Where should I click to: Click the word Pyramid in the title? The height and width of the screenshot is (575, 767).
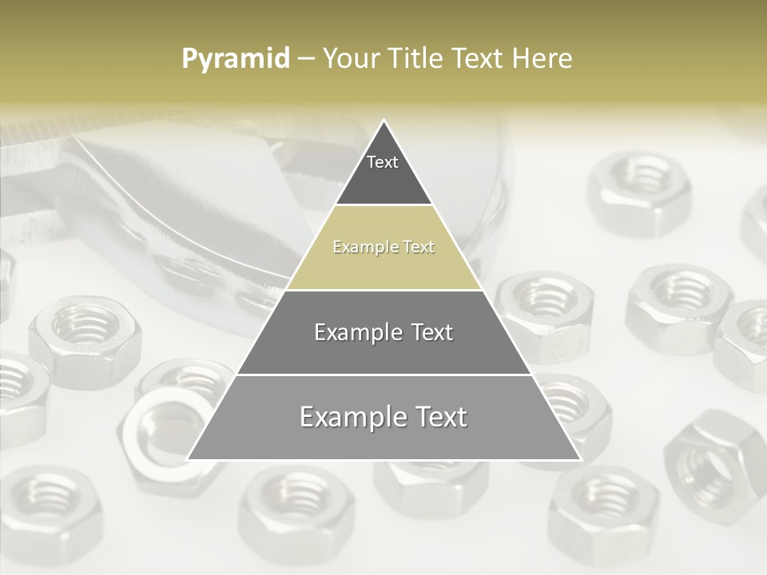click(235, 59)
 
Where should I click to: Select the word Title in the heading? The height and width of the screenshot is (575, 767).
click(414, 58)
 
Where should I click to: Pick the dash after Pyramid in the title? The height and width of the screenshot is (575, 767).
click(305, 60)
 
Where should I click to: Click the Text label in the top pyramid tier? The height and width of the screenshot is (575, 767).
click(383, 162)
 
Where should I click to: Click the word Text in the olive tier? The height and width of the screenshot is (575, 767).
click(418, 248)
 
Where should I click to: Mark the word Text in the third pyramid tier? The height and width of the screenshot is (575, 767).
click(431, 332)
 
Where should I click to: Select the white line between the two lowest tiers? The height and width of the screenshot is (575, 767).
click(383, 375)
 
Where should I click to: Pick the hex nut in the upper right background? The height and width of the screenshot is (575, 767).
click(639, 192)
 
